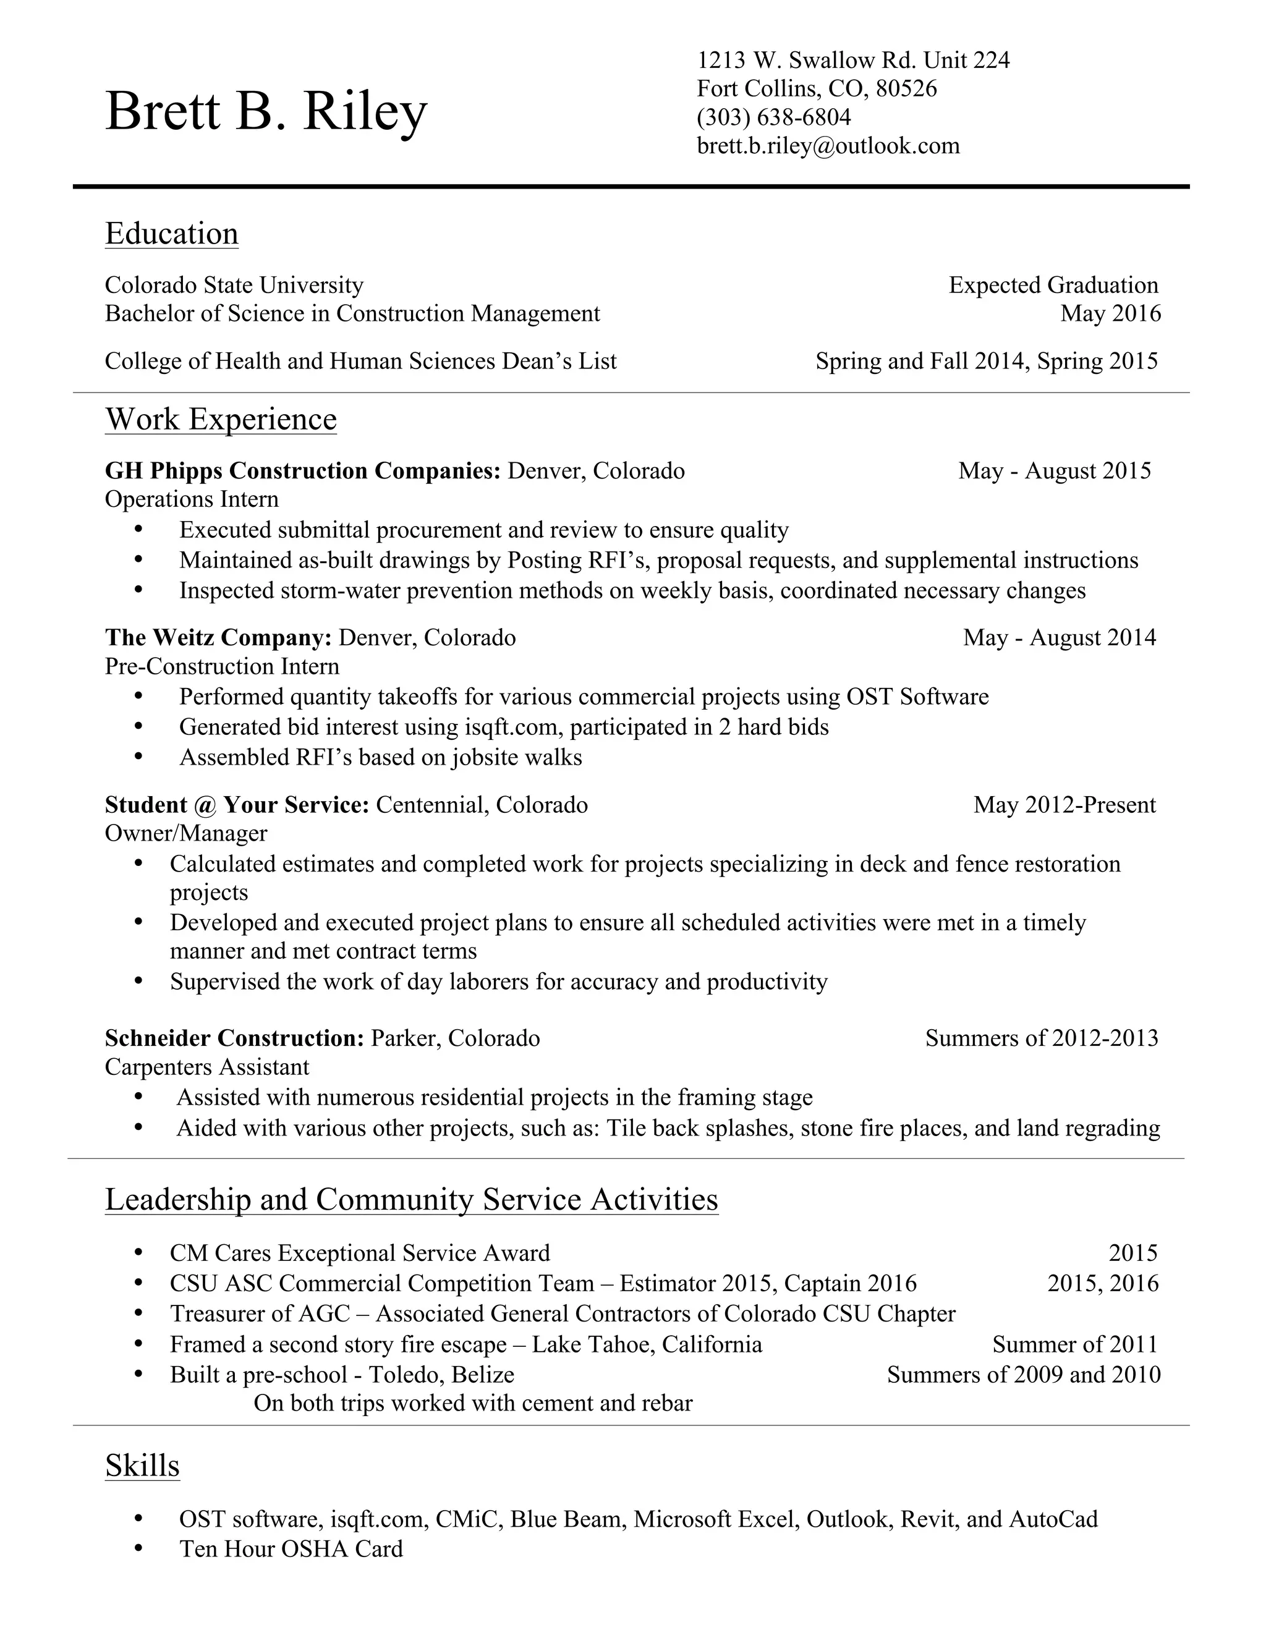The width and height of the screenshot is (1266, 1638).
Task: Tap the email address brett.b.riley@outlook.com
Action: tap(828, 145)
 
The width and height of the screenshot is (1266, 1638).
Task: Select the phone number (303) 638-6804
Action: tap(774, 117)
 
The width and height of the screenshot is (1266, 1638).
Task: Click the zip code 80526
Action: tap(906, 88)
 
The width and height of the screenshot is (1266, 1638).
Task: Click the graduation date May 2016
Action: tap(1110, 313)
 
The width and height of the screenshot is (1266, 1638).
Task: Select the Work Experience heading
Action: tap(221, 418)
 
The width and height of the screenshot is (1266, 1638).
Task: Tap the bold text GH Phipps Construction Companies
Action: tap(302, 471)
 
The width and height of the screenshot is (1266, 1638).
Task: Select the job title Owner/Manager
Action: tap(186, 833)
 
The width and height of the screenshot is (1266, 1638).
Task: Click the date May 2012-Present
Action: tap(1064, 805)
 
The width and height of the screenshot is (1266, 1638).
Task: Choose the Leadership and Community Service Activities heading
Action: tap(411, 1199)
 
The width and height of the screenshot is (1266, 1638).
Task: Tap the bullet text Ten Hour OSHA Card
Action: tap(291, 1549)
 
